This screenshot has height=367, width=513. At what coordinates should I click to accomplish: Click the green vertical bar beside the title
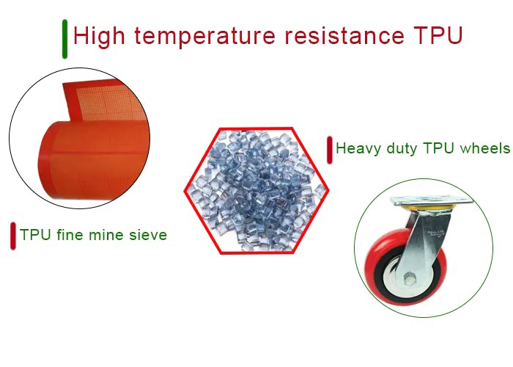pyautogui.click(x=65, y=38)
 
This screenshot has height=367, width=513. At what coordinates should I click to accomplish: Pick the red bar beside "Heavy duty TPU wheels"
pyautogui.click(x=330, y=150)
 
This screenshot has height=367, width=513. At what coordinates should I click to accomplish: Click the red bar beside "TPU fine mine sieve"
pyautogui.click(x=13, y=236)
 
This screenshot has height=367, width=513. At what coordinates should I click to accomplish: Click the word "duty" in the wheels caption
pyautogui.click(x=399, y=149)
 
